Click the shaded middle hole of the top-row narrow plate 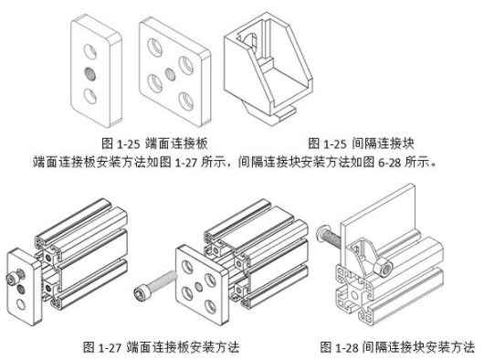tap(89, 74)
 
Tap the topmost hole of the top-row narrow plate tap(90, 51)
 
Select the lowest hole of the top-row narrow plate tap(89, 96)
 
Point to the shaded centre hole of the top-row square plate tap(170, 74)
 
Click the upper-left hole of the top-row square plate tap(155, 48)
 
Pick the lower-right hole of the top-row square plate tap(186, 101)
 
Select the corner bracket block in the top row tap(268, 69)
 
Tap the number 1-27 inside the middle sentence tap(185, 163)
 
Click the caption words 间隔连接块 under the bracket tap(383, 143)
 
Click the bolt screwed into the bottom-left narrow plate tap(16, 276)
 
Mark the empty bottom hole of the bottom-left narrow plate tap(21, 304)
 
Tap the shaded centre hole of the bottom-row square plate tap(199, 287)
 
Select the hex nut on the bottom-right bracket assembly tap(384, 267)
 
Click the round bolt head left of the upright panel tap(321, 233)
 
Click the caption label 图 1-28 tap(339, 347)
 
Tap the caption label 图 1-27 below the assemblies tap(102, 347)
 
